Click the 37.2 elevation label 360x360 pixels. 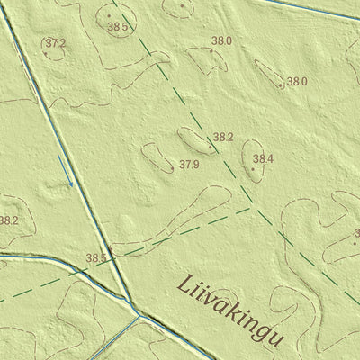pyautogui.click(x=56, y=42)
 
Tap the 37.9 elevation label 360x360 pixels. pyautogui.click(x=189, y=165)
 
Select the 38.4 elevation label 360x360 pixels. pyautogui.click(x=263, y=159)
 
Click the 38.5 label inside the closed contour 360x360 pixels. pyautogui.click(x=117, y=28)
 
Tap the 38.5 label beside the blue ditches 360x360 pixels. pyautogui.click(x=96, y=258)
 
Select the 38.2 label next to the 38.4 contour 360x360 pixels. pyautogui.click(x=223, y=138)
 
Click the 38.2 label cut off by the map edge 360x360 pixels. pyautogui.click(x=8, y=220)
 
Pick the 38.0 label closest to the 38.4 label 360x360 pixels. pyautogui.click(x=297, y=81)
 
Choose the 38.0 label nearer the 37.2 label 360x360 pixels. pyautogui.click(x=221, y=41)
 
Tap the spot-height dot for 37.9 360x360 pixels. pyautogui.click(x=170, y=166)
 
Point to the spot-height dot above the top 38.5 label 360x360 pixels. pyautogui.click(x=109, y=15)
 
